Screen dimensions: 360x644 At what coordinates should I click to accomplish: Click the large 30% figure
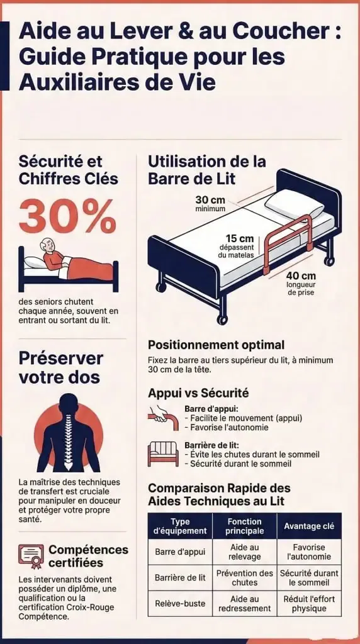68,216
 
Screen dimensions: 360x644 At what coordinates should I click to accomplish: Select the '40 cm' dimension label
301,275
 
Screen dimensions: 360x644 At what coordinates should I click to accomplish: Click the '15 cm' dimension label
240,238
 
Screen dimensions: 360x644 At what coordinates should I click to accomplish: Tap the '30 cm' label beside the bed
210,199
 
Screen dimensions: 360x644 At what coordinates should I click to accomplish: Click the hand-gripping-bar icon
163,418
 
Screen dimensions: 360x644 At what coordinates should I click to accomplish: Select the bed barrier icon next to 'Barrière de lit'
163,454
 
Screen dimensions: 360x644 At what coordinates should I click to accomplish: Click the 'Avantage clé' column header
309,526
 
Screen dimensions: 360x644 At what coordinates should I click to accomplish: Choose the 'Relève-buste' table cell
180,603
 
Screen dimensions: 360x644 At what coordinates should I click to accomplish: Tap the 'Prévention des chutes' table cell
245,577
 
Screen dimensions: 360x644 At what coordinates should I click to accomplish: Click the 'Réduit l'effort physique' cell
309,603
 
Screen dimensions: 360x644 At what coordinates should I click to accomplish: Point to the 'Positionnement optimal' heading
216,345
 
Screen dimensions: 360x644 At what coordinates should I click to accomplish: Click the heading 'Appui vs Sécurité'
198,393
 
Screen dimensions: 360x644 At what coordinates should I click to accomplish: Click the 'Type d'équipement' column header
180,526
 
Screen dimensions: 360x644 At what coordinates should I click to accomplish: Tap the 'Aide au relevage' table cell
245,552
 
